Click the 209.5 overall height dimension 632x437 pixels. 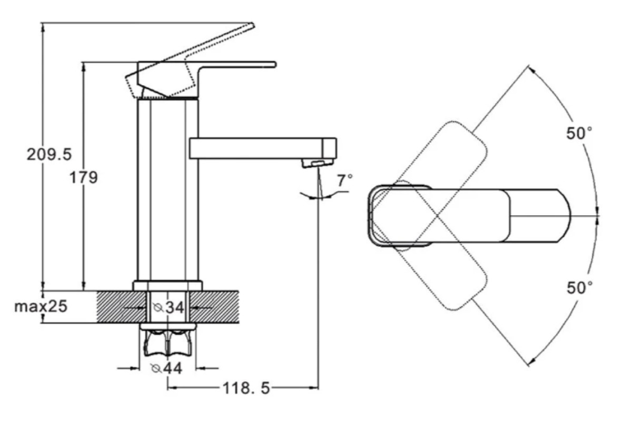[x=50, y=155]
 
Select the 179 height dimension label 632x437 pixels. [x=84, y=177]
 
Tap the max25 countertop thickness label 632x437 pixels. [x=41, y=306]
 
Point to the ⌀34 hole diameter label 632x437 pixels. [x=169, y=307]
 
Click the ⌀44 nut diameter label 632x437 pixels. [x=166, y=368]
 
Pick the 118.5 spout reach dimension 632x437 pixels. [x=246, y=388]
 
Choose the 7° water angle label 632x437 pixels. [x=345, y=181]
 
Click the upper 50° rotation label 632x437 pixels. [x=579, y=133]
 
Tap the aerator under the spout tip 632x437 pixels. [x=318, y=163]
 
